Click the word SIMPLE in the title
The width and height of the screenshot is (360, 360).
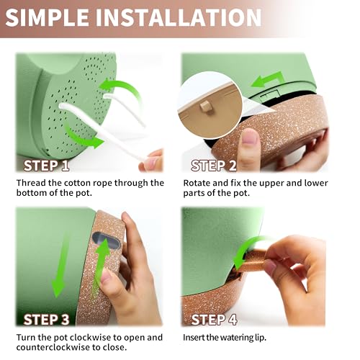tap(48, 17)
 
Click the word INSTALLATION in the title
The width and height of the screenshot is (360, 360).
tap(179, 17)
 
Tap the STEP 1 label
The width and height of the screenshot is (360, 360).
tap(46, 166)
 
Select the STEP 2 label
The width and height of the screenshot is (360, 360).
tap(214, 166)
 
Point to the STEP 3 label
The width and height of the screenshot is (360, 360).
tap(46, 320)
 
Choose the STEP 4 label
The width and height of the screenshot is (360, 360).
tap(214, 320)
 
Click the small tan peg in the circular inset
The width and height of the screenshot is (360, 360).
tap(205, 107)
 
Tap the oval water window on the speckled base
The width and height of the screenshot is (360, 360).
tap(106, 240)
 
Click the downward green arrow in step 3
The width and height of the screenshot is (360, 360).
tap(60, 264)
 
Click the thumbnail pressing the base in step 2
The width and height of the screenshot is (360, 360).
tap(250, 137)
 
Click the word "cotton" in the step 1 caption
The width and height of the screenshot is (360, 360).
tap(78, 183)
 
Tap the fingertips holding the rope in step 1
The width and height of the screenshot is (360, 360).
tap(151, 161)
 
